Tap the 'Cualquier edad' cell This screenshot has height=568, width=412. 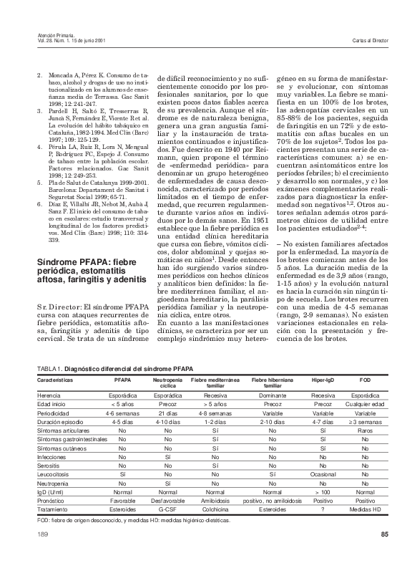[x=365, y=405]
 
